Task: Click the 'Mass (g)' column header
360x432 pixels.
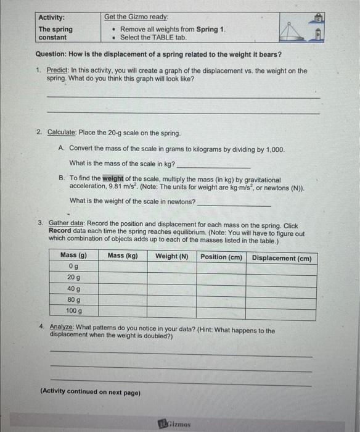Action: click(x=73, y=255)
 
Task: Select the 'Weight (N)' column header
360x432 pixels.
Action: click(x=171, y=256)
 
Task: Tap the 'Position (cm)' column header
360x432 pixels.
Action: click(x=221, y=257)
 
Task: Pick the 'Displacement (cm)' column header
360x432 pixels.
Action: click(x=282, y=258)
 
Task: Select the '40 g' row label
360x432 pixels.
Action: click(x=74, y=288)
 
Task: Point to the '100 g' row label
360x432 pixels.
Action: click(x=74, y=310)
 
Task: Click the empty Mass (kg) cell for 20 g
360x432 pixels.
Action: click(x=123, y=278)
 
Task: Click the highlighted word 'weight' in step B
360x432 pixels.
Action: click(x=113, y=179)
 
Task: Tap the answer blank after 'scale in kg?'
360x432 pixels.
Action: click(x=213, y=165)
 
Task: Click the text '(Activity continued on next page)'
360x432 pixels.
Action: click(x=90, y=393)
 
